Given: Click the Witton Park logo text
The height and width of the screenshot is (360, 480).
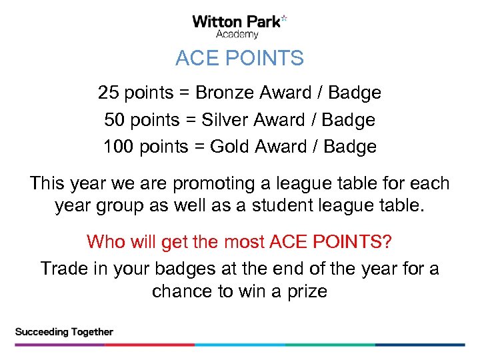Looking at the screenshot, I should [236, 21].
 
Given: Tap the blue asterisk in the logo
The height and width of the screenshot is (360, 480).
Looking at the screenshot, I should [284, 19].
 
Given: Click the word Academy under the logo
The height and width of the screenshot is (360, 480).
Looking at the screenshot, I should [238, 34].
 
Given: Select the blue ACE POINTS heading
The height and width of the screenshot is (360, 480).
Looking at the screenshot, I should [239, 59].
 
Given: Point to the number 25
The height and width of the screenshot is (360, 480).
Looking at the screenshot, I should [109, 92].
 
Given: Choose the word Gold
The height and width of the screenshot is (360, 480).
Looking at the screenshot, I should [229, 147].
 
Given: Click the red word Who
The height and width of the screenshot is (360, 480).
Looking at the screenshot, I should [106, 241].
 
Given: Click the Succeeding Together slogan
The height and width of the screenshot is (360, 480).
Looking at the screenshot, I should [64, 332].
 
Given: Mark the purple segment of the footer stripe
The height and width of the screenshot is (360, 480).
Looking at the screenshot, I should [60, 345].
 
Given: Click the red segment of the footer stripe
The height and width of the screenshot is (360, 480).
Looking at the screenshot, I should [150, 345].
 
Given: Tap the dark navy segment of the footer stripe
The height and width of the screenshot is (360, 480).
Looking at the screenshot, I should [420, 345].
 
